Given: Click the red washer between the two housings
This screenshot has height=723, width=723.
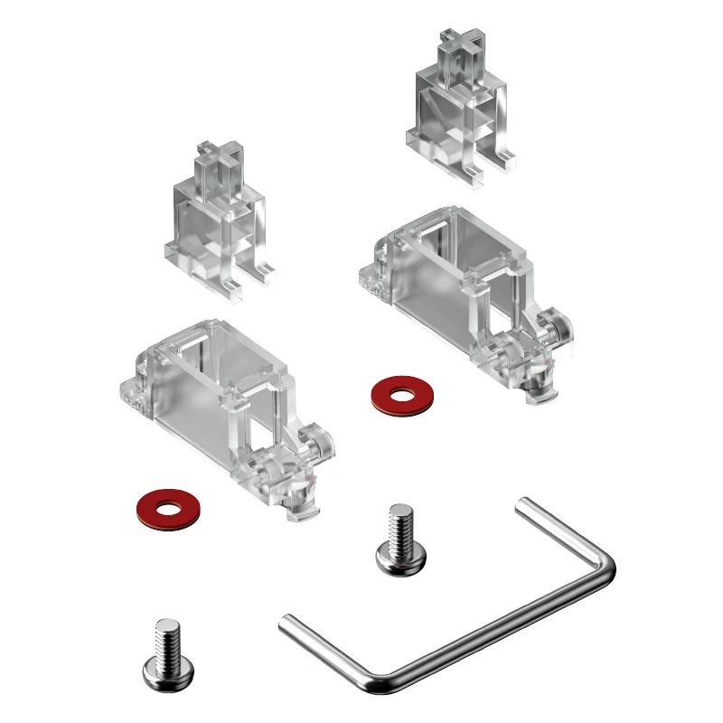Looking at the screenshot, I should pyautogui.click(x=401, y=395).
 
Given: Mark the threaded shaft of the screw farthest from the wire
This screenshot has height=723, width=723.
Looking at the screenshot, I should pyautogui.click(x=167, y=638).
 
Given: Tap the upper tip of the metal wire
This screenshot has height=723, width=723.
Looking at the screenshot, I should pyautogui.click(x=521, y=503).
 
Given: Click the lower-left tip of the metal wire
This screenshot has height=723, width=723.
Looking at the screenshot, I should pyautogui.click(x=286, y=621).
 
